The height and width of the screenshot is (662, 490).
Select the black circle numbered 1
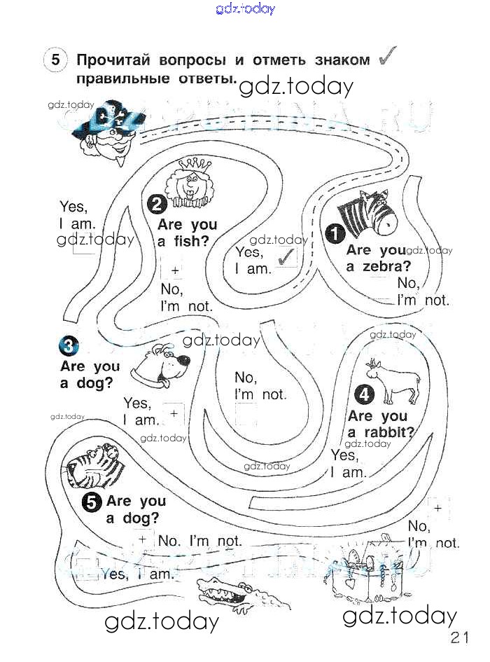click(335, 233)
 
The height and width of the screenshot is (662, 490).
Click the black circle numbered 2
click(157, 204)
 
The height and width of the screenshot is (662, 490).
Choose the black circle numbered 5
click(92, 502)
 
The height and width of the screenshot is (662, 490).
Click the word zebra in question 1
click(388, 266)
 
